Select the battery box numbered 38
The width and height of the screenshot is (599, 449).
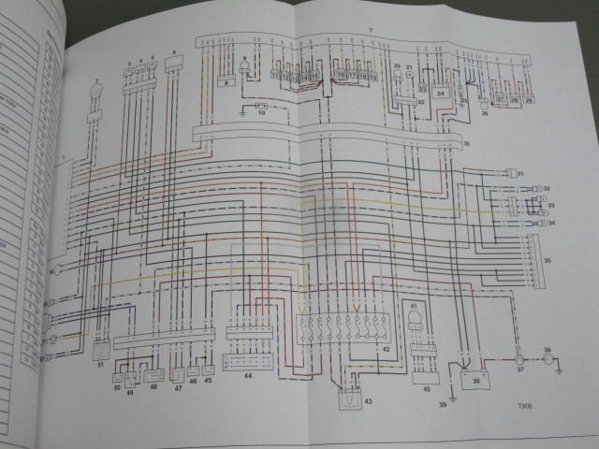point(475,381)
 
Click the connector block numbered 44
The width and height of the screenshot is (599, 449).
point(249,361)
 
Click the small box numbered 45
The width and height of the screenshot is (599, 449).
point(208,370)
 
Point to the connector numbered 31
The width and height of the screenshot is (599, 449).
point(512,174)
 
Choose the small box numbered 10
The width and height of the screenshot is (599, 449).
point(260,110)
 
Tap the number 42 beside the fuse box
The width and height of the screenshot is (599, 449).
point(384,349)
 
